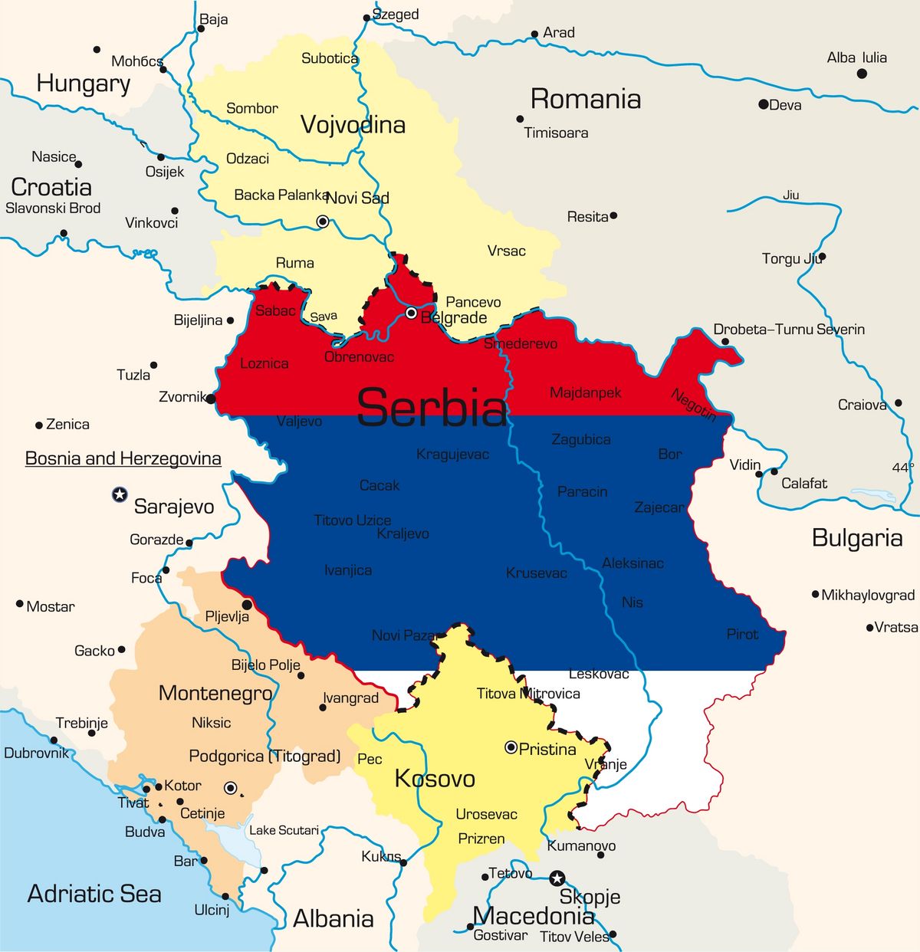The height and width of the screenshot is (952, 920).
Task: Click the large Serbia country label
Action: [x=432, y=407]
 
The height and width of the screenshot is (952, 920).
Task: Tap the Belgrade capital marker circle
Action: [x=411, y=313]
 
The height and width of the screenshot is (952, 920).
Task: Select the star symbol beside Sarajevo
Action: [x=120, y=494]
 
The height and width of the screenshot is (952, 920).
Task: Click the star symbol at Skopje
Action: [x=557, y=878]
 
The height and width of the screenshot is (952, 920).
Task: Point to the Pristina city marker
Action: [x=511, y=747]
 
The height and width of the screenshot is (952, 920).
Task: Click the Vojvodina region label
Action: [x=353, y=125]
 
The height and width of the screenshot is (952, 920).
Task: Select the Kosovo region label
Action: [x=435, y=779]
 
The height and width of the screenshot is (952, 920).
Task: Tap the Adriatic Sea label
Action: [x=94, y=894]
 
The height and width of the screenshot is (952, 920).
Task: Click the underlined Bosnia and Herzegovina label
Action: [x=123, y=458]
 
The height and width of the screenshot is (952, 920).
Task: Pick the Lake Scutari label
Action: [x=284, y=830]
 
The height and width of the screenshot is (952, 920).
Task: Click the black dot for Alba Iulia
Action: [x=862, y=74]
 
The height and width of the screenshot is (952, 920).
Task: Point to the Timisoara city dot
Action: [x=520, y=119]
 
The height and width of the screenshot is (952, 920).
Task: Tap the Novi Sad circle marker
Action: [x=323, y=222]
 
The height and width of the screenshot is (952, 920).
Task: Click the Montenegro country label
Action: [x=215, y=694]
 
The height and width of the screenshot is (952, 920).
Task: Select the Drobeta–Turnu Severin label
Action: [x=789, y=330]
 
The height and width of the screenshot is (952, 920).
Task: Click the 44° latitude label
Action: [x=902, y=468]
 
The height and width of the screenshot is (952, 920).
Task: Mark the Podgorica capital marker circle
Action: [x=230, y=787]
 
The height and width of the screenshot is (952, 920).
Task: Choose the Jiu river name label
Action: [x=790, y=195]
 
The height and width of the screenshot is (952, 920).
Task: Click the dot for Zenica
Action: [x=39, y=425]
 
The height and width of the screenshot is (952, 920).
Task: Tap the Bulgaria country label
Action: [x=856, y=538]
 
